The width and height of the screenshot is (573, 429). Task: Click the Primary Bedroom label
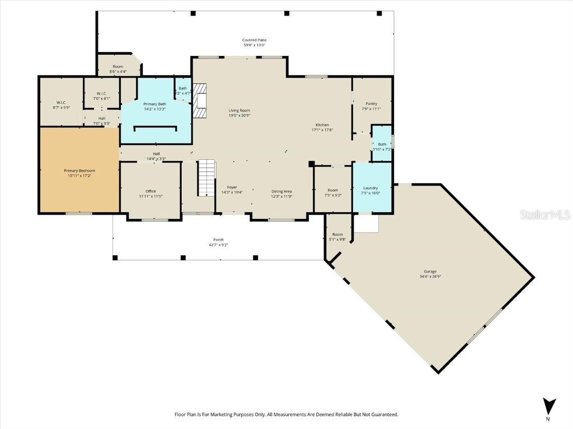click(79, 170)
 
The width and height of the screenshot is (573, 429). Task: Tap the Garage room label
click(430, 271)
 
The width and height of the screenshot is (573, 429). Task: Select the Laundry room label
click(370, 188)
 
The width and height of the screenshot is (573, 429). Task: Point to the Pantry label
click(371, 103)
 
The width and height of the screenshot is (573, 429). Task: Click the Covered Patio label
click(255, 40)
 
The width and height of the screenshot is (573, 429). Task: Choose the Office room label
click(151, 191)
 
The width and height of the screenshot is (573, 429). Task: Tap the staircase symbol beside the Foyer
click(206, 178)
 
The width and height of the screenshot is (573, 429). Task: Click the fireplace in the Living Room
click(200, 101)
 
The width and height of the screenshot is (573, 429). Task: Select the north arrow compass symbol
click(549, 406)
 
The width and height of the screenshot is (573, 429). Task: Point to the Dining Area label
click(282, 191)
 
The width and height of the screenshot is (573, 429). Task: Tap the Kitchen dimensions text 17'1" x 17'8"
click(322, 130)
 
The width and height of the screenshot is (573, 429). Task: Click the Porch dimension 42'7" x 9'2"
click(218, 245)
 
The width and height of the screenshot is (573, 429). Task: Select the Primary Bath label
click(154, 104)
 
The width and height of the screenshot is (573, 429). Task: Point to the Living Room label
click(239, 111)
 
